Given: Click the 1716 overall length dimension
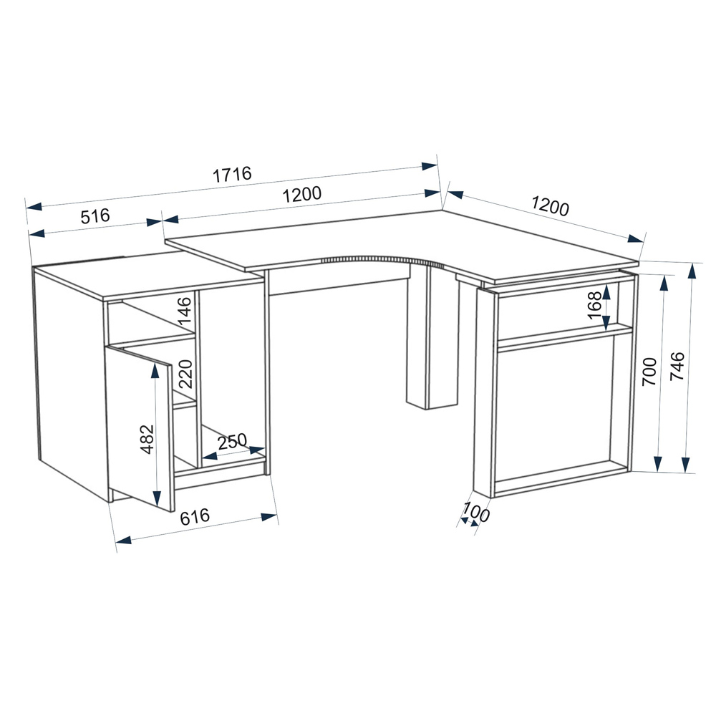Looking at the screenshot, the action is click(x=232, y=174).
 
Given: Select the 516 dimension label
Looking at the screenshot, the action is click(x=95, y=216).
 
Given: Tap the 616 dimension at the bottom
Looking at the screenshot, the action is click(x=195, y=516).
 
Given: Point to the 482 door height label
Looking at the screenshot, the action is click(x=147, y=440).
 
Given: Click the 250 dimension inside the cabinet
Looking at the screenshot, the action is click(x=232, y=442).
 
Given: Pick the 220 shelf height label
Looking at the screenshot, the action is click(x=185, y=374).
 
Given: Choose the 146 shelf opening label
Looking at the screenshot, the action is click(x=185, y=311).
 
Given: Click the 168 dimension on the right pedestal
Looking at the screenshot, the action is click(x=594, y=306).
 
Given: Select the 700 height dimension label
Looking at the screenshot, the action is click(x=649, y=372).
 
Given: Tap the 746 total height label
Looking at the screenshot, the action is click(x=677, y=366).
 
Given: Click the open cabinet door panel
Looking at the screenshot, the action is click(x=139, y=427).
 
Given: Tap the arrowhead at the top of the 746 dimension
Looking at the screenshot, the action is click(x=692, y=271).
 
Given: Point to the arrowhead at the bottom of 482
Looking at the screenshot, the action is click(x=157, y=498).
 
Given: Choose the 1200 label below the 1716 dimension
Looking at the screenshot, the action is click(x=302, y=194).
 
